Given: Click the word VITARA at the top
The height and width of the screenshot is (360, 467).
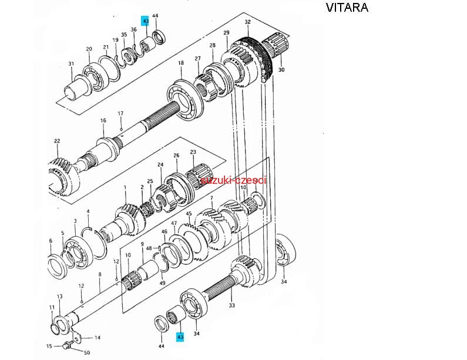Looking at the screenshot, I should (347, 8).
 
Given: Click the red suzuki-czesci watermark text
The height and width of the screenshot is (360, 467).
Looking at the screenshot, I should (233, 180).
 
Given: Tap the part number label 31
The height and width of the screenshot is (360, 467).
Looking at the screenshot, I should (71, 64).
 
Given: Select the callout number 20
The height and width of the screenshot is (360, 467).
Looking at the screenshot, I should (89, 49).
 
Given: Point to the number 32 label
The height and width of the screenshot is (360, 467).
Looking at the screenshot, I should (247, 22).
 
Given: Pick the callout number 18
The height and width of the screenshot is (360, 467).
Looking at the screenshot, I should (181, 63).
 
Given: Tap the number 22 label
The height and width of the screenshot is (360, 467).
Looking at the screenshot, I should (57, 141).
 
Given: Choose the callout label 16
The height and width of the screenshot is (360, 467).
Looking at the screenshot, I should (103, 121).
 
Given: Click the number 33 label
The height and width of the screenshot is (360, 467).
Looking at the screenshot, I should (231, 305).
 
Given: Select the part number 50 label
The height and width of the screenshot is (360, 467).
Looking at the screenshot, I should (87, 352).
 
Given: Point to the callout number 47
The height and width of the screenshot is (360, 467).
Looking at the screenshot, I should (174, 224).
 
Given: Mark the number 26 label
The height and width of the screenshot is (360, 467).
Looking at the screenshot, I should (176, 156).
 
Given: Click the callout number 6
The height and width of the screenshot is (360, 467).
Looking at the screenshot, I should (51, 241).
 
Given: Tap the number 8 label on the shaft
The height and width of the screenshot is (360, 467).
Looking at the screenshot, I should (100, 274).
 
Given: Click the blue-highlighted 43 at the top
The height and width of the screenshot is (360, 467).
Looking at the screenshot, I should (146, 21).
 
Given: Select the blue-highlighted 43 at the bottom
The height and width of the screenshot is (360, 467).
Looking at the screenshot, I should (180, 337).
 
